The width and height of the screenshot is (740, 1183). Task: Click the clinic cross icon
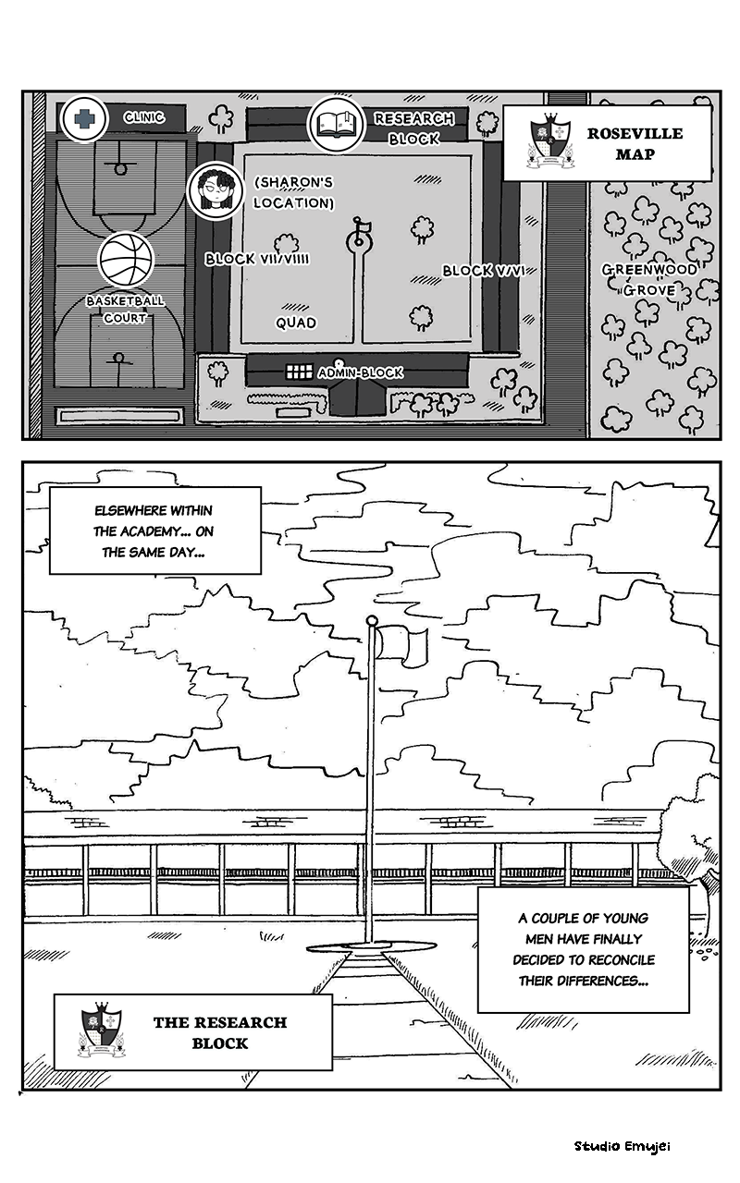tap(84, 118)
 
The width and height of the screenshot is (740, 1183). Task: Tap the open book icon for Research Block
tap(334, 125)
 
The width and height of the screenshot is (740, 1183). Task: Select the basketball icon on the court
tap(125, 260)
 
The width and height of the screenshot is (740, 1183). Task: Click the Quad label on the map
tap(296, 323)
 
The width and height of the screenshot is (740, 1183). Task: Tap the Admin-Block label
tap(360, 372)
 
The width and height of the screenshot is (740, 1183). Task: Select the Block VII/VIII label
tap(257, 259)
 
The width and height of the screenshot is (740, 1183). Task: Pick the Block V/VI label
tap(489, 271)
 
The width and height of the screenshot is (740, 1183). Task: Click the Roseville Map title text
tap(635, 143)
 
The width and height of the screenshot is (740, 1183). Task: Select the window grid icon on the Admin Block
tap(298, 372)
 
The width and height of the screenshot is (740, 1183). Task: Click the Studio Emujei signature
tap(622, 1146)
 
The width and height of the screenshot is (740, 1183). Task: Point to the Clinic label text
tap(144, 117)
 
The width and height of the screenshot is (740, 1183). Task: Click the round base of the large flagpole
tap(370, 945)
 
